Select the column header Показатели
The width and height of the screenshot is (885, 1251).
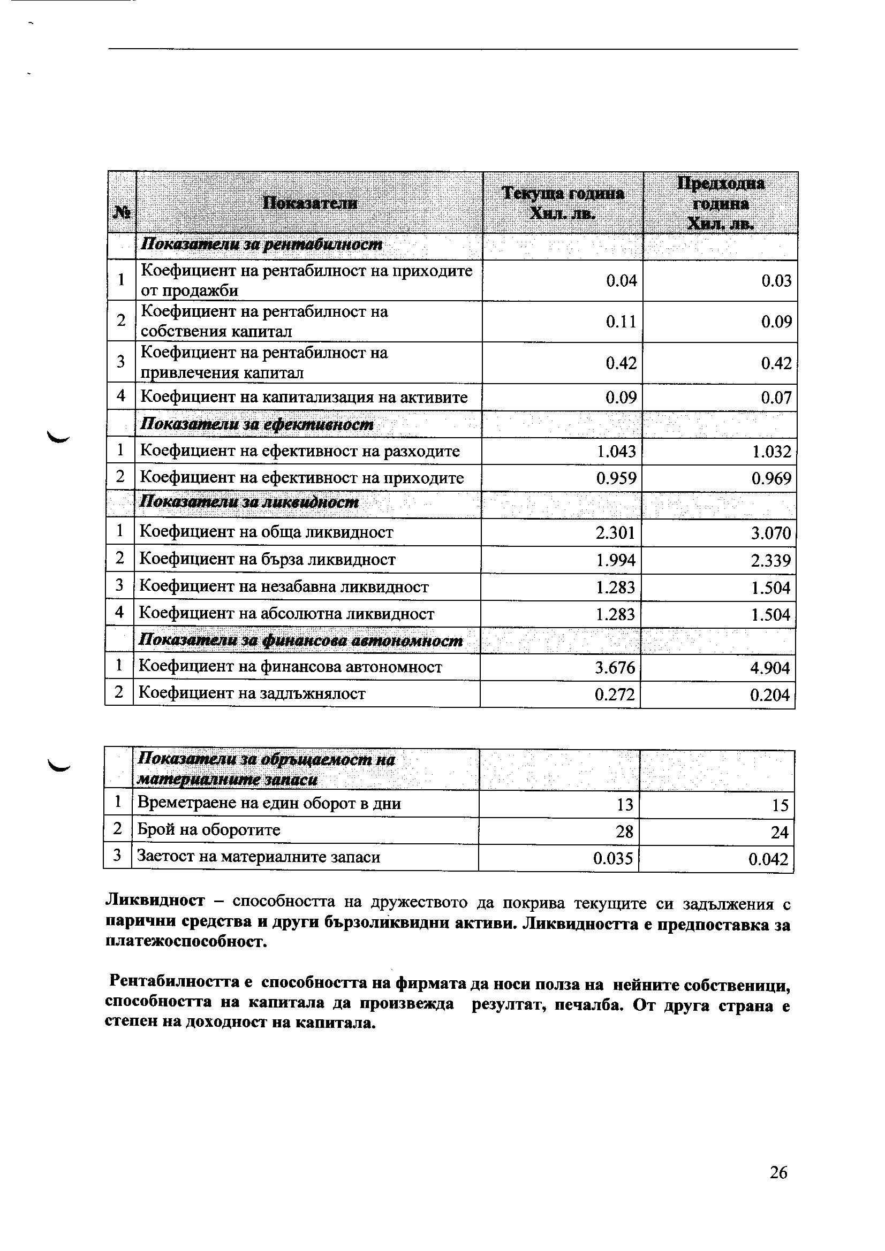click(x=309, y=203)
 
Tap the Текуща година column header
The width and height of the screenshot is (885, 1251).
click(x=563, y=203)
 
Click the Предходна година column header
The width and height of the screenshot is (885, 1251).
click(x=720, y=203)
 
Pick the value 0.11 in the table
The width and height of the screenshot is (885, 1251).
click(x=621, y=322)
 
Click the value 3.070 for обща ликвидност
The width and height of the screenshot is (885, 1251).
click(x=770, y=533)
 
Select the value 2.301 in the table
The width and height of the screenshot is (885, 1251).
click(x=616, y=532)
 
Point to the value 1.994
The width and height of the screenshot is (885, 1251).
click(x=616, y=560)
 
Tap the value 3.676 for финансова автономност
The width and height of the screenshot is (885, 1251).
click(x=615, y=667)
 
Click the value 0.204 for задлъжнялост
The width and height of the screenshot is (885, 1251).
click(x=769, y=695)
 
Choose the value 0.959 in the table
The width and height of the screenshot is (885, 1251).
click(x=616, y=478)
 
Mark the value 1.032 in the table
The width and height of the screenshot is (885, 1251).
click(x=771, y=452)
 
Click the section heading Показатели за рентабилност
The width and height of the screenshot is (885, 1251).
click(x=262, y=245)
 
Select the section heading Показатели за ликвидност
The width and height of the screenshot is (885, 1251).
click(x=249, y=502)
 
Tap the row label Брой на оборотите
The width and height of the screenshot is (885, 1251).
click(x=209, y=830)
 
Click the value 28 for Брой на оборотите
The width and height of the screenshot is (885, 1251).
click(x=624, y=832)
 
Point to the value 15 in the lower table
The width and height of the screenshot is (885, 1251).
click(x=780, y=805)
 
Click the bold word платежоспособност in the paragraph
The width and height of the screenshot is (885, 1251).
click(x=186, y=942)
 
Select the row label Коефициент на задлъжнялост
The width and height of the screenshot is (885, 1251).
click(x=252, y=693)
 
